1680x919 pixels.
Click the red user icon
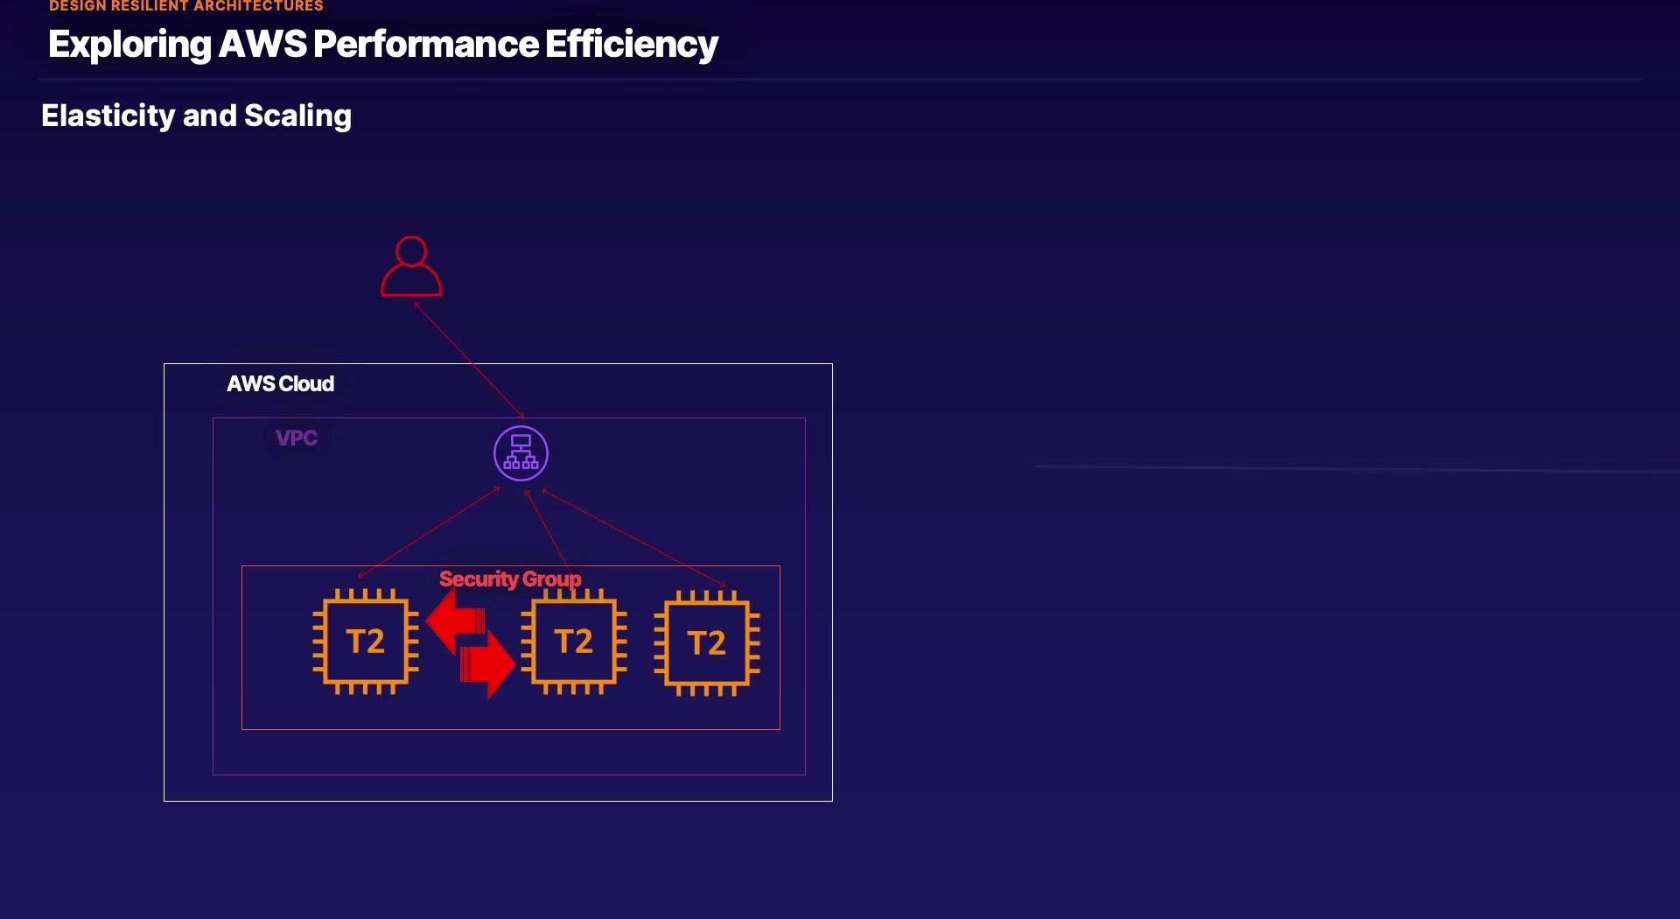[411, 267]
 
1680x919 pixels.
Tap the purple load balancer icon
[521, 453]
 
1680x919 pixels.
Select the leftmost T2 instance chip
[366, 642]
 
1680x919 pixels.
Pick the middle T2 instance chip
[574, 642]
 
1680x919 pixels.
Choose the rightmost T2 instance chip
[707, 643]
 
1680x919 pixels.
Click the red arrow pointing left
[455, 621]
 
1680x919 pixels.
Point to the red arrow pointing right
[487, 663]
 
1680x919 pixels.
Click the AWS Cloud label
[280, 384]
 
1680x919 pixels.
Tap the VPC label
[297, 438]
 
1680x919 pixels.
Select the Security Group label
[509, 579]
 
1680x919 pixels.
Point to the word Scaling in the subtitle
[297, 116]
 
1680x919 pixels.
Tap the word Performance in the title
[426, 45]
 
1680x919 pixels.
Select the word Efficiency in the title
[631, 45]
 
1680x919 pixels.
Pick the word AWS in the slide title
[262, 45]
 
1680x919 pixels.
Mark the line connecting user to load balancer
[469, 359]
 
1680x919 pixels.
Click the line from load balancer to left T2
[429, 532]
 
